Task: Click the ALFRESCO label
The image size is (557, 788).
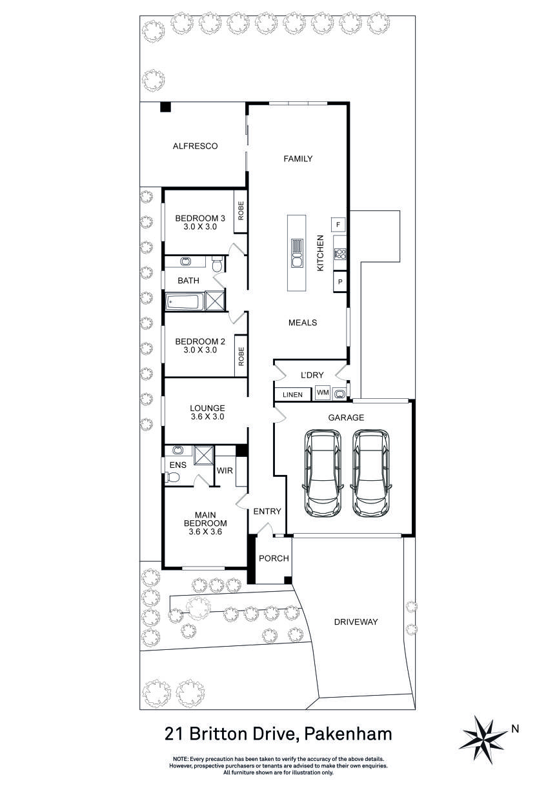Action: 195,146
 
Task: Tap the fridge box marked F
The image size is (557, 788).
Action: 338,225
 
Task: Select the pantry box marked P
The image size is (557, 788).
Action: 338,282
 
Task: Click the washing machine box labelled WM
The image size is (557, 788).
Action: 323,392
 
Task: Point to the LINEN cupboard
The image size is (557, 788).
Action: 292,394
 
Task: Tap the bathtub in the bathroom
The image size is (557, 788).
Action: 185,302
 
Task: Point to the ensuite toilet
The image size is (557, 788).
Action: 172,478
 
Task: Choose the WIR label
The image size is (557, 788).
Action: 225,471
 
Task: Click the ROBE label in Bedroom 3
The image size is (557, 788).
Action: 241,212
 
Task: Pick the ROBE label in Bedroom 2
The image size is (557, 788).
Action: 241,356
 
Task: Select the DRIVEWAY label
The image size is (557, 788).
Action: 356,622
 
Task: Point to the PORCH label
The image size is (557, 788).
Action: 274,558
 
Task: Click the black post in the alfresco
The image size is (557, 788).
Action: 165,108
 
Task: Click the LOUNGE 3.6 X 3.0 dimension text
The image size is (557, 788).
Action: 207,417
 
